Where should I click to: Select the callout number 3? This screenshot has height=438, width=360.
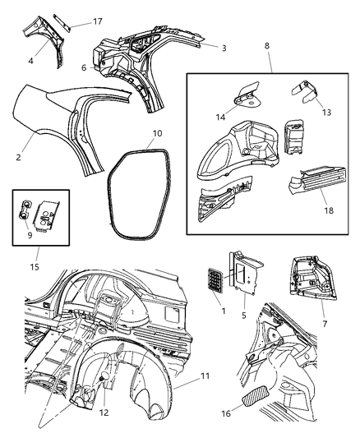224,48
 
